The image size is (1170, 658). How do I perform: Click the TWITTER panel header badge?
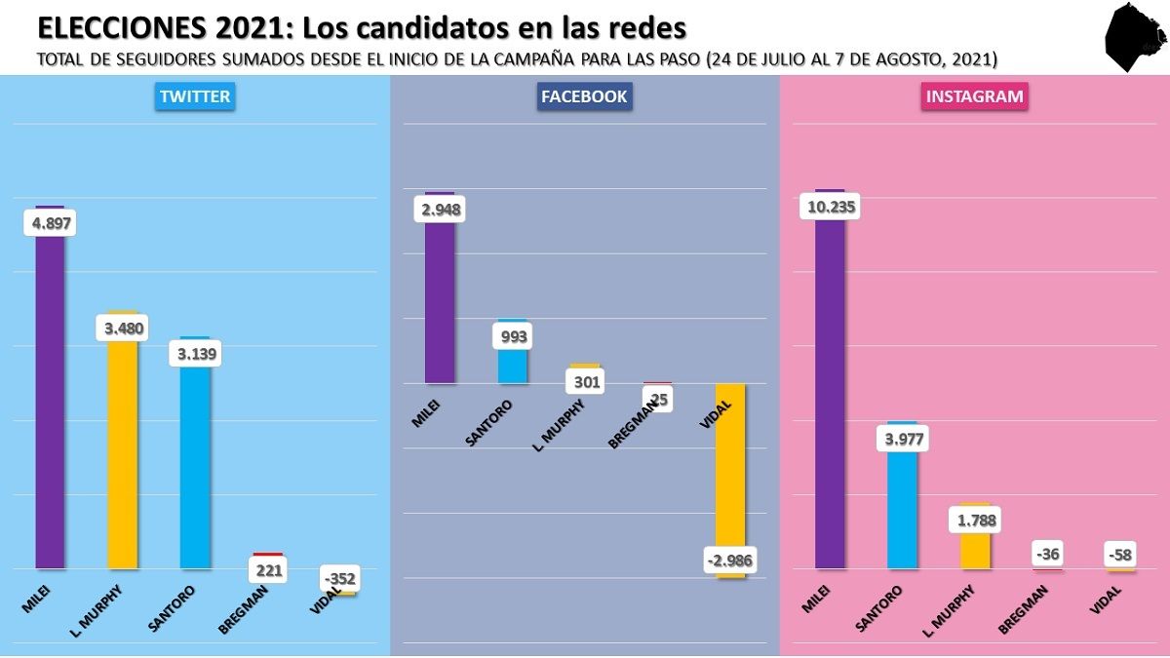click(x=195, y=97)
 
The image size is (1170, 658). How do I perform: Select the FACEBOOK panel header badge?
click(x=584, y=97)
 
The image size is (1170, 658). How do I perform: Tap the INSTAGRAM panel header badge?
click(x=974, y=97)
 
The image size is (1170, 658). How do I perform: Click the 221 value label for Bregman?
click(x=269, y=570)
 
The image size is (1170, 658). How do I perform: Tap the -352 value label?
click(x=340, y=579)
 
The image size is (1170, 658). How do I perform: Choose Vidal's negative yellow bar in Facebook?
click(x=730, y=468)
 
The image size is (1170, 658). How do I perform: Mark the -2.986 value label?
click(x=730, y=561)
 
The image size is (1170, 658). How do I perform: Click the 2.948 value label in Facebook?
click(x=441, y=209)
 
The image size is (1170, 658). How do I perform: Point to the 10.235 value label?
click(x=831, y=207)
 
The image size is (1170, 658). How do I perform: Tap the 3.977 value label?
click(x=902, y=439)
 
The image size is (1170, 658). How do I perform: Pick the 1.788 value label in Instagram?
click(x=975, y=520)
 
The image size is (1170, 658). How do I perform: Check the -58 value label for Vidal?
click(x=1120, y=556)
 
